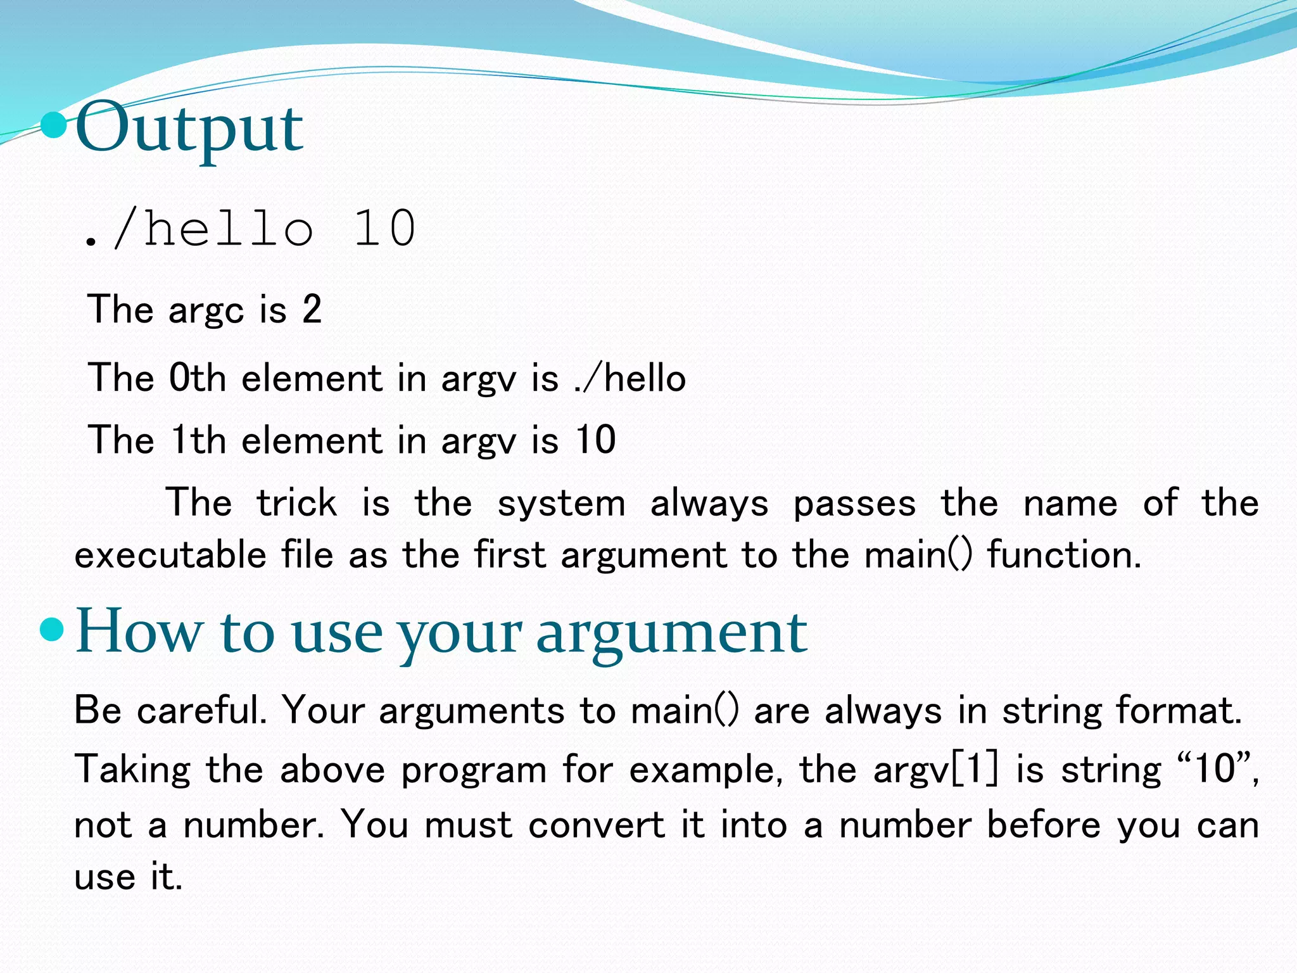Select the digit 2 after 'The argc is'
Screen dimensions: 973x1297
tap(312, 310)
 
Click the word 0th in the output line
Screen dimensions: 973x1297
tap(198, 378)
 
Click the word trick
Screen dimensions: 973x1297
tap(296, 503)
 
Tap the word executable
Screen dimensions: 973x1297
tap(170, 555)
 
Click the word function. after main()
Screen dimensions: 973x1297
tap(1064, 555)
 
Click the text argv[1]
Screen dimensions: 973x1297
tap(936, 770)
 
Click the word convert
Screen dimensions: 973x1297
tap(597, 825)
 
